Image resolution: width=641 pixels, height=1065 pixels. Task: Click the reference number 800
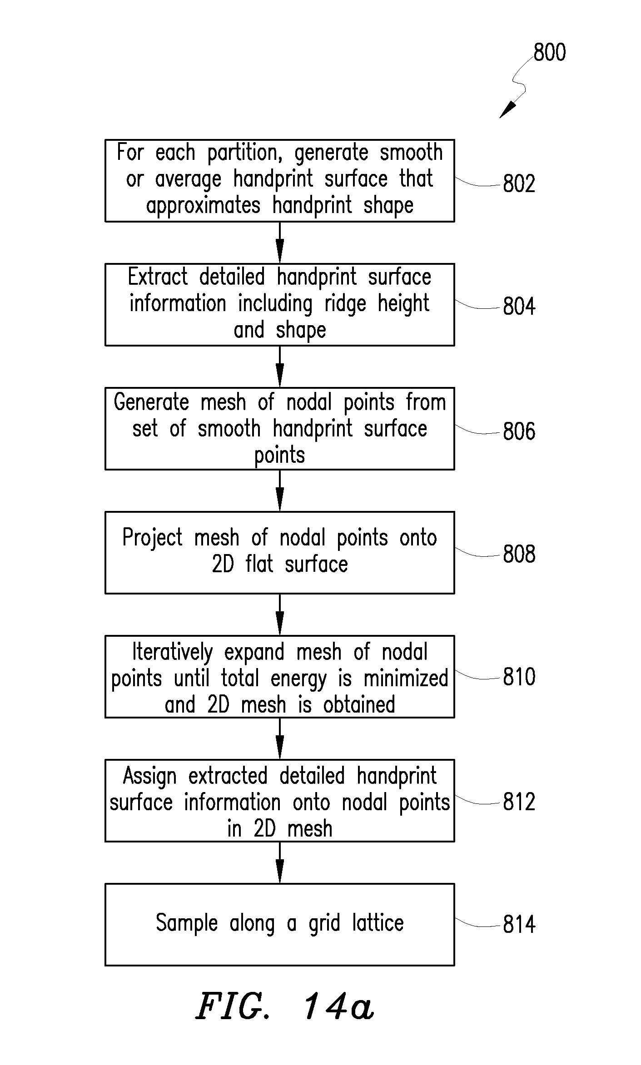[x=549, y=52]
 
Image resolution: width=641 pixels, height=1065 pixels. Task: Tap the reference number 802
[x=519, y=183]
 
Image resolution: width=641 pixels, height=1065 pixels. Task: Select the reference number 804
[x=519, y=306]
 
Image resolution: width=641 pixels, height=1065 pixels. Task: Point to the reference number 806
[x=519, y=431]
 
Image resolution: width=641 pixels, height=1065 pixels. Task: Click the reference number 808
[x=519, y=555]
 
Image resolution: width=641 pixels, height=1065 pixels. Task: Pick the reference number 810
[x=519, y=677]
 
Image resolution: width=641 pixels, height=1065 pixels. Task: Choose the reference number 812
[x=519, y=802]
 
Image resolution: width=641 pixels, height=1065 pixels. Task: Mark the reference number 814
[x=519, y=925]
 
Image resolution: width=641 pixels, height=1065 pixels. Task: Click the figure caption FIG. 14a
[x=285, y=1006]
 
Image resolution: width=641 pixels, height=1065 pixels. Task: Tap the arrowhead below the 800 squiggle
[x=508, y=110]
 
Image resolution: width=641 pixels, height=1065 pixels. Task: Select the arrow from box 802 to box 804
[x=280, y=243]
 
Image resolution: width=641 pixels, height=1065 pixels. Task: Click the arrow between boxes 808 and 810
[x=280, y=614]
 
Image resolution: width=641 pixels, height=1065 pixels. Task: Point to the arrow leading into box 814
[x=280, y=862]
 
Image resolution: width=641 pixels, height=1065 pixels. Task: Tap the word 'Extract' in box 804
[x=158, y=277]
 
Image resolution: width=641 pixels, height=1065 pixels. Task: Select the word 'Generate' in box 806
[x=151, y=402]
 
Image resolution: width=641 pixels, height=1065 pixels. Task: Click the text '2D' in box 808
[x=223, y=564]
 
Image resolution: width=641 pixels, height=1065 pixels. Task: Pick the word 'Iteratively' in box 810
[x=173, y=653]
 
